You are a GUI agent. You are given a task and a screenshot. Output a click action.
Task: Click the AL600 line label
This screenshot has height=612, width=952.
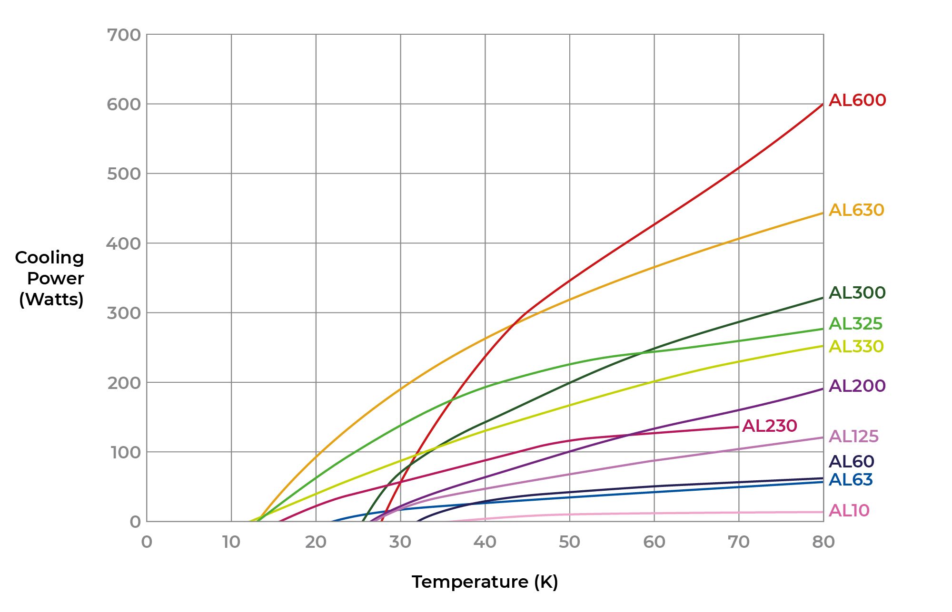(857, 100)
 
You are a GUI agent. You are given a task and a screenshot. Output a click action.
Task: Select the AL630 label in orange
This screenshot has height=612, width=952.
(856, 210)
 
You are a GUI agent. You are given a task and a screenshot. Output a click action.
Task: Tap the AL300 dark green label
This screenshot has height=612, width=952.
(857, 293)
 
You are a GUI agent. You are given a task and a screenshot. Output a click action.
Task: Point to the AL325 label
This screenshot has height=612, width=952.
(855, 324)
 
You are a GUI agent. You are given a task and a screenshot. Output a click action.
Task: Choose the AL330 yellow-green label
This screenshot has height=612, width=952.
(856, 347)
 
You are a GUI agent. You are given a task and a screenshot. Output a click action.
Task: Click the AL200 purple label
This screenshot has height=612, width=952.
(857, 386)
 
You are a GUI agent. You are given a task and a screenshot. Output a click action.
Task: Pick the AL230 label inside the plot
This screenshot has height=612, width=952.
(769, 426)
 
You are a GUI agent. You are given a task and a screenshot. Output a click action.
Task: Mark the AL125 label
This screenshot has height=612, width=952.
(853, 437)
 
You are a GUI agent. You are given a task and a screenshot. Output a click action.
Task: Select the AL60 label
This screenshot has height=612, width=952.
(851, 462)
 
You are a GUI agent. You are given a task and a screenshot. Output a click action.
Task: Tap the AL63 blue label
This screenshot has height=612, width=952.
(851, 480)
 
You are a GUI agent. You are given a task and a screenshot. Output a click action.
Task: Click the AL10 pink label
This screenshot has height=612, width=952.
(849, 511)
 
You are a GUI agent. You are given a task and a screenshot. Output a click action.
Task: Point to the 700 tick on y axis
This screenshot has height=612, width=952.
(124, 35)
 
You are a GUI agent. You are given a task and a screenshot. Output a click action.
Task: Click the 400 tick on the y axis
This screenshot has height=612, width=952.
(124, 243)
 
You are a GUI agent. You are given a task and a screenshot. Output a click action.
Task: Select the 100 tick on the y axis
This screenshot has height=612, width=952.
(126, 452)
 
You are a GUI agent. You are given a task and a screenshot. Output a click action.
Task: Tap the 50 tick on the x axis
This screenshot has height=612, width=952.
(569, 542)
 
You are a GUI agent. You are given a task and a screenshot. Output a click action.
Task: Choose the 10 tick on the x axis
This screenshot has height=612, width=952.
(231, 542)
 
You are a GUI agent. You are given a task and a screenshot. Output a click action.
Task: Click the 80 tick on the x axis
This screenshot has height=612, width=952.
(823, 542)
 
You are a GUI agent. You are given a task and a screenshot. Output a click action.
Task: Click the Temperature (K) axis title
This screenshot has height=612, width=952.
(485, 582)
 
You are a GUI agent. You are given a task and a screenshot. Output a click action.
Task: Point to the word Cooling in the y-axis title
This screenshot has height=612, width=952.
(50, 257)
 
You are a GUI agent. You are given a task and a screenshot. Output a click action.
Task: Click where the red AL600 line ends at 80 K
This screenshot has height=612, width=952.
(823, 104)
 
